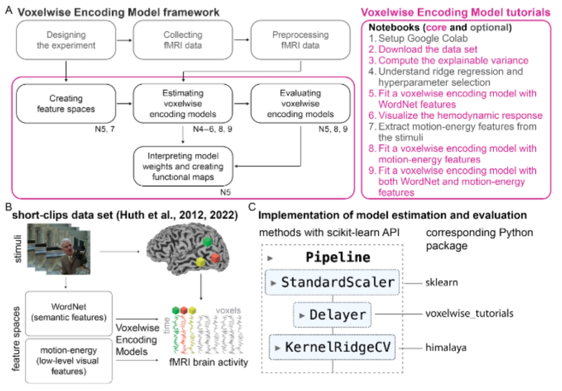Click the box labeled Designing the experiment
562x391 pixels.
coord(66,40)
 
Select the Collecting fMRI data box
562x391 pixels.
coord(183,40)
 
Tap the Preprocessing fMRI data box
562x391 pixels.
coord(300,40)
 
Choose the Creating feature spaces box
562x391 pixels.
coord(66,103)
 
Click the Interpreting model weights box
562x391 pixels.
coord(183,166)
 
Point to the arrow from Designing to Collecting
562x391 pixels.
coord(124,40)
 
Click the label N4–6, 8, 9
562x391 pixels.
coord(212,129)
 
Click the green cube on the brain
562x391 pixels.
coord(208,242)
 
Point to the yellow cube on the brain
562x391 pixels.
coord(201,262)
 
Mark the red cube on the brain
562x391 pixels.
coord(215,258)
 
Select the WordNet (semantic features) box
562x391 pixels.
coord(69,312)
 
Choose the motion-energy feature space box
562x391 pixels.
coord(69,361)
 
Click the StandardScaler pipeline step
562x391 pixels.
coord(332,282)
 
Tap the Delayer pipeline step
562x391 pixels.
coord(332,315)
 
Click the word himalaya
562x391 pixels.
coord(446,348)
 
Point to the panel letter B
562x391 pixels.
coord(8,207)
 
